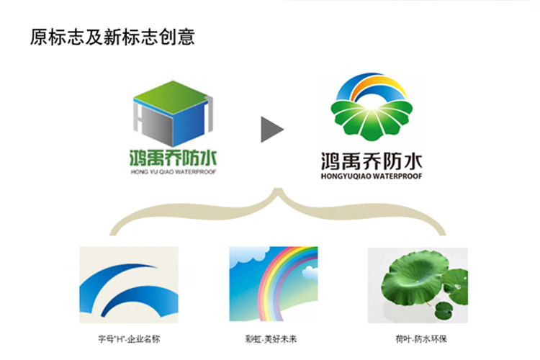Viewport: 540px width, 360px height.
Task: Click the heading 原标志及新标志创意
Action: (112, 37)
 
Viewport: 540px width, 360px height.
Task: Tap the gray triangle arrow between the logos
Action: (270, 130)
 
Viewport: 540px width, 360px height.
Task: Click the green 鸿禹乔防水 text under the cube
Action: (173, 158)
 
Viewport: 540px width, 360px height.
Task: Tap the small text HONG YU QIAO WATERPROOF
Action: (174, 172)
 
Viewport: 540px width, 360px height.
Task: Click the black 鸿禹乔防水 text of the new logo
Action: (372, 161)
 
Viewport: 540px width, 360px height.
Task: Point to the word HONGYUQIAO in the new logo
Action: (346, 176)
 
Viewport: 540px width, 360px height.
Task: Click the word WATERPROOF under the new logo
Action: (397, 176)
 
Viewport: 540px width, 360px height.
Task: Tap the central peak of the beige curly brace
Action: (278, 189)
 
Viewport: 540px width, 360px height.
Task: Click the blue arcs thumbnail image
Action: (129, 285)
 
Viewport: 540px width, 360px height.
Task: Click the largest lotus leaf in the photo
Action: (415, 278)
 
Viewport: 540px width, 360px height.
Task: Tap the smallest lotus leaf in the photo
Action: (444, 310)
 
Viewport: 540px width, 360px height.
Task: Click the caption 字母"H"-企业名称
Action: (129, 339)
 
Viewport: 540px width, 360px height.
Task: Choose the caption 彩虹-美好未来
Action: (271, 339)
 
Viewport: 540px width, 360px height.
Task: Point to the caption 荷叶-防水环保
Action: (421, 339)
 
